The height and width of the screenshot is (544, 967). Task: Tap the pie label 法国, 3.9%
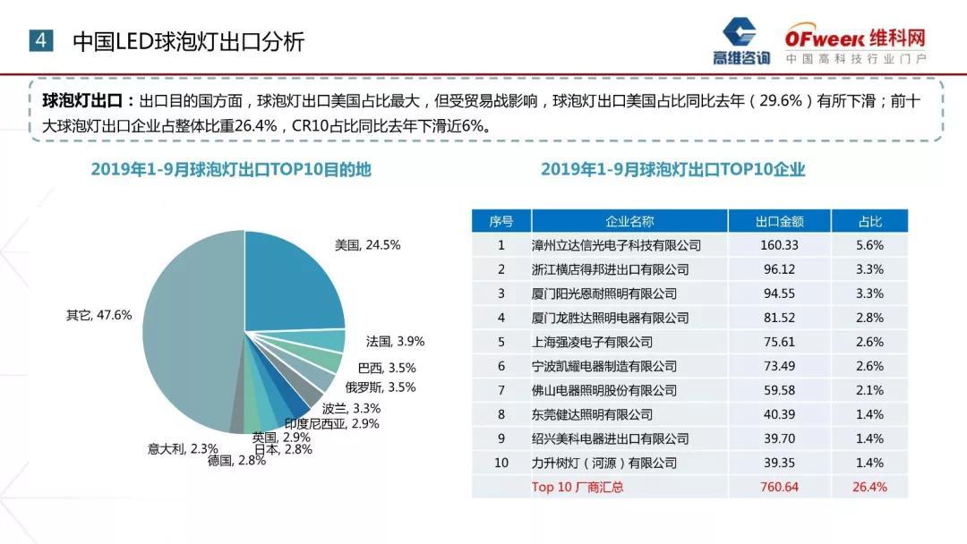point(395,342)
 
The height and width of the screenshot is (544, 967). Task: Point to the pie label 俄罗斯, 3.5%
point(381,387)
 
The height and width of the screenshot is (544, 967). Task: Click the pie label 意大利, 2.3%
point(183,448)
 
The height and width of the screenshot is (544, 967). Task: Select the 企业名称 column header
point(629,221)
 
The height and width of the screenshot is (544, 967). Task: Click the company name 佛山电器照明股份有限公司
point(603,391)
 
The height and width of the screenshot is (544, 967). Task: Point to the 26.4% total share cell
point(869,487)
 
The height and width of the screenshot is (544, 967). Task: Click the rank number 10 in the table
point(501,463)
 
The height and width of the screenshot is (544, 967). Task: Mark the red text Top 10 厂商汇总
point(578,487)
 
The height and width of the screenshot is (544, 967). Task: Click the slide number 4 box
point(41,40)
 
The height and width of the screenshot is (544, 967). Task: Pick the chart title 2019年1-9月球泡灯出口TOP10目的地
point(230,170)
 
